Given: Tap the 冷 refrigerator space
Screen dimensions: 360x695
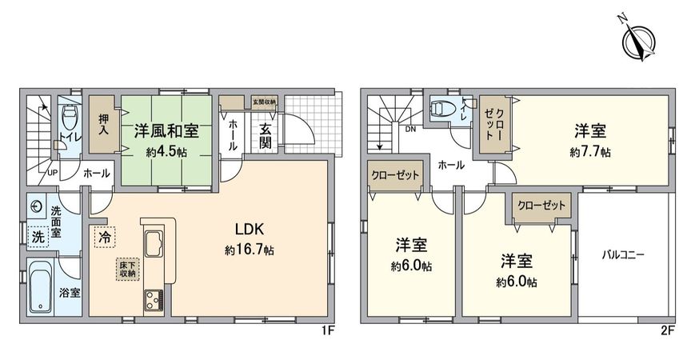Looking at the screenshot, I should click(x=105, y=237).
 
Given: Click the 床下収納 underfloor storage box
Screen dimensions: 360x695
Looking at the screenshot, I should click(x=127, y=269).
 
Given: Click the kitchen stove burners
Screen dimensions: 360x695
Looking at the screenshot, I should click(x=152, y=301).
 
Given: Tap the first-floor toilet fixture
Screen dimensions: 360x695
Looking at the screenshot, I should click(x=69, y=121).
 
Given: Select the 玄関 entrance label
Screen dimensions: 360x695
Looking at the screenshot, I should click(x=266, y=136).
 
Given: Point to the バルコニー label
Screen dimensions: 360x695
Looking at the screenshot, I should click(x=623, y=256).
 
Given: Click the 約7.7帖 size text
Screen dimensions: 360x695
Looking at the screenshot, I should click(x=591, y=151).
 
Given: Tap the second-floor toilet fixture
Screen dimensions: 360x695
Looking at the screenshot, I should click(x=441, y=109).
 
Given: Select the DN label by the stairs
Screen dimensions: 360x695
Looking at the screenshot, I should click(x=410, y=129).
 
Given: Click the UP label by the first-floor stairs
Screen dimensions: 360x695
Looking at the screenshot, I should click(x=53, y=171).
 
